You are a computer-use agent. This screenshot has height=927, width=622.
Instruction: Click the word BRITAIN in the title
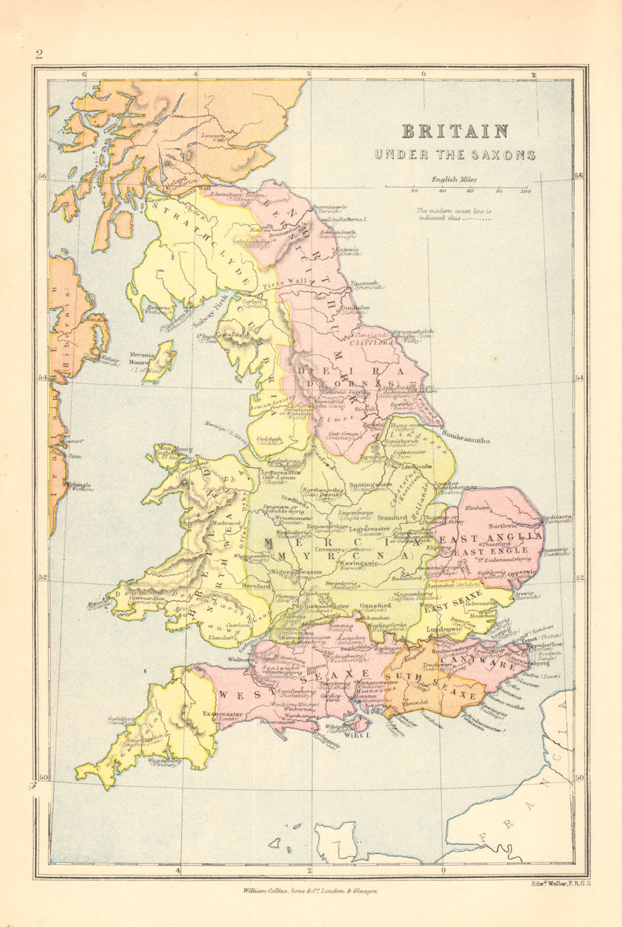click(x=455, y=131)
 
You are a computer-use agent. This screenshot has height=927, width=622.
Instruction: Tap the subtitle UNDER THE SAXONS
click(x=454, y=155)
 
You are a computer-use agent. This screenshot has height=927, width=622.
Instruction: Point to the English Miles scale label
click(x=454, y=179)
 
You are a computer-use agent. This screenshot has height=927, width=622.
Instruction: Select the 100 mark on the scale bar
click(x=526, y=191)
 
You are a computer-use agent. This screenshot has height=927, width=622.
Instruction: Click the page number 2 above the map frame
click(x=39, y=54)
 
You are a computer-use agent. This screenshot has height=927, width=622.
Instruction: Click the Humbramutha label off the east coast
click(x=466, y=439)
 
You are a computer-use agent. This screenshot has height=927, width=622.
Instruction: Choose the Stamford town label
click(x=391, y=516)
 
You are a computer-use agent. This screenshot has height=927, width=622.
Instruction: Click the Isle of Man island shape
click(x=164, y=353)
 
